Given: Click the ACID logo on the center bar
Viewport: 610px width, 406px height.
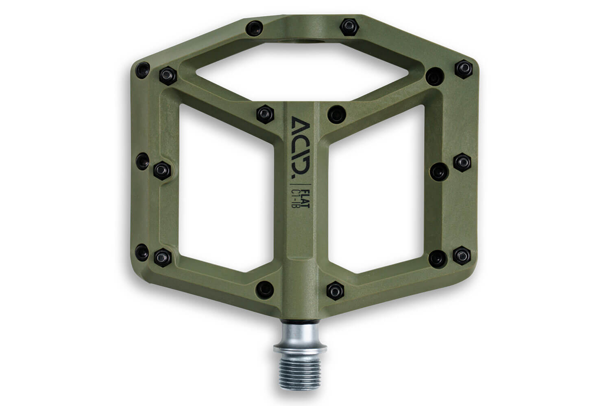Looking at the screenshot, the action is click(301, 147).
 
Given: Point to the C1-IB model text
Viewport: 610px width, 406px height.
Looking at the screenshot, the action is click(295, 199).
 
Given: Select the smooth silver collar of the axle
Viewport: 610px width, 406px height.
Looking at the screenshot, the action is click(300, 334).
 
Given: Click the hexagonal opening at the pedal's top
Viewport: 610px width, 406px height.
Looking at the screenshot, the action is click(302, 71).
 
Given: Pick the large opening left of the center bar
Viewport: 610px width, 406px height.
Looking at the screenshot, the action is click(226, 188).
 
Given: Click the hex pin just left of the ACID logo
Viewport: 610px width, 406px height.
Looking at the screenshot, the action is click(265, 114).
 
